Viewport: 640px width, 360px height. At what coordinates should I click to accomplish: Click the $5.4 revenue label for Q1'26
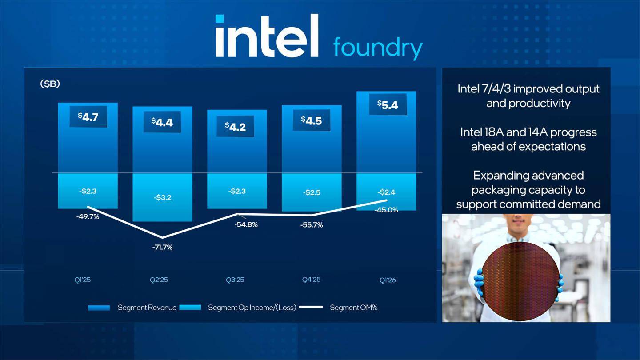(387, 105)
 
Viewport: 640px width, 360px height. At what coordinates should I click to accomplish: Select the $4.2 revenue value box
(235, 127)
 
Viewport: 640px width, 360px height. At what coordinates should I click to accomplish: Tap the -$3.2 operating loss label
(162, 197)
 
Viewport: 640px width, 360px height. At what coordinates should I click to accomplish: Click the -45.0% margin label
(387, 210)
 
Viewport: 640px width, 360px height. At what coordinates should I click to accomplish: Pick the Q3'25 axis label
(235, 280)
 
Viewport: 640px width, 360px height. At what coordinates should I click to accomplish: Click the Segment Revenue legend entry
(147, 308)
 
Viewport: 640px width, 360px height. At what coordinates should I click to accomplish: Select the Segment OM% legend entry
(353, 308)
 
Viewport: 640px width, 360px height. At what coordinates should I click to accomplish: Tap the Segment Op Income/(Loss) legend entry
(252, 308)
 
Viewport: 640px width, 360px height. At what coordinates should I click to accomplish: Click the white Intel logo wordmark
(267, 36)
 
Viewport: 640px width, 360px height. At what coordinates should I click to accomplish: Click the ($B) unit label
(50, 84)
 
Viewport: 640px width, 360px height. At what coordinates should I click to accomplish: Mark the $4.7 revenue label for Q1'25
(88, 117)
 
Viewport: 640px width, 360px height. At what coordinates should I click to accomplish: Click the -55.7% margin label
(311, 225)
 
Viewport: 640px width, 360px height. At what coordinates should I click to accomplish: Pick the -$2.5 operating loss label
(312, 192)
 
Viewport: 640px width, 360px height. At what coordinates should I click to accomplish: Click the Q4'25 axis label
(311, 280)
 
